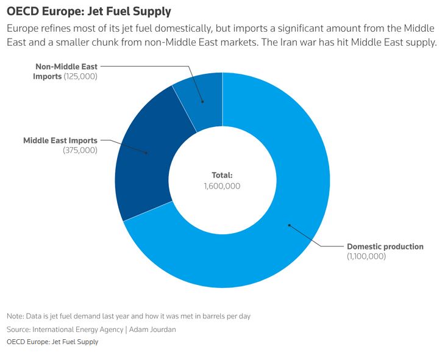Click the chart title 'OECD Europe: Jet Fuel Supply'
[88, 12]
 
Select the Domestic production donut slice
[287, 201]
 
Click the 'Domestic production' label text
[385, 247]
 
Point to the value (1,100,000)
[366, 257]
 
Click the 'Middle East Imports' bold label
[60, 140]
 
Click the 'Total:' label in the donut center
[222, 175]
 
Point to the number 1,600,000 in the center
[222, 185]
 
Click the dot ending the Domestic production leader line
[289, 225]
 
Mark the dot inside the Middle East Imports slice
[147, 153]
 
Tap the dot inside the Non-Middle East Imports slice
[203, 102]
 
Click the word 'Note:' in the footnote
[15, 316]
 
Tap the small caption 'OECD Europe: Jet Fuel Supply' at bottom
[52, 342]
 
